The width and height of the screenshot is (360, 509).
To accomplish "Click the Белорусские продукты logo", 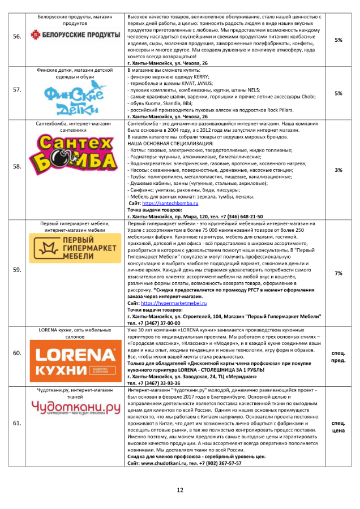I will point(75,36).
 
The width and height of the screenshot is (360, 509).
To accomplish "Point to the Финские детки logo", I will point(75,96).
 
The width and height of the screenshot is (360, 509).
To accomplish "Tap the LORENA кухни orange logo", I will point(75,354).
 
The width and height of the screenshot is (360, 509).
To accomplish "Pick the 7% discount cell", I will point(338,273).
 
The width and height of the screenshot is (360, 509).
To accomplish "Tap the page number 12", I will point(180,490).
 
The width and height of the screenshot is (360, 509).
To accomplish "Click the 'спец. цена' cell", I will point(338,426).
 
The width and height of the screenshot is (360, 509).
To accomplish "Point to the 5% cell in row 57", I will point(338,93).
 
